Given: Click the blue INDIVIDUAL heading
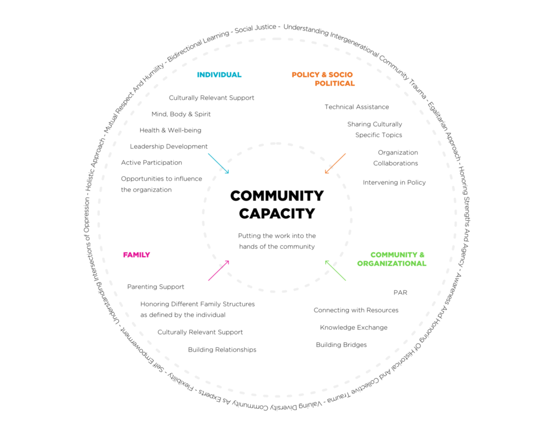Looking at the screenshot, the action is point(219,75).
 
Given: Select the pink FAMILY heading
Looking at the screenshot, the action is point(136,255).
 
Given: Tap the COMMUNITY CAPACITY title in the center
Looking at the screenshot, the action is point(277,204).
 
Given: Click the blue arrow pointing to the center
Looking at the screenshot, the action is point(218,163).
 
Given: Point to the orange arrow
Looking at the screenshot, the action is point(335,163).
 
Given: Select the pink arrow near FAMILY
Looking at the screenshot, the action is point(218,271).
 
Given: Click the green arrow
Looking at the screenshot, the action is point(335,271).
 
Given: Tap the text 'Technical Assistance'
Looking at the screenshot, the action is point(357,107).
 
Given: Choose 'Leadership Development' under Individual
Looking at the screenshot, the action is point(169,146).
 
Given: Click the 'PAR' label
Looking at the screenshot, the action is point(400,292).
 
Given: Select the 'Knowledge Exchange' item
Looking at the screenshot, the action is point(354,327).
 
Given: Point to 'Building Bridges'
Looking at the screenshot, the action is point(341,345).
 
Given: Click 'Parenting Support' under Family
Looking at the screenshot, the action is point(156,287).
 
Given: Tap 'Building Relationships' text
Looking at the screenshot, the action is point(222,350).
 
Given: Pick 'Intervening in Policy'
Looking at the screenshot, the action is point(394,183).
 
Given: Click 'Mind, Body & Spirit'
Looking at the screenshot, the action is point(181,114).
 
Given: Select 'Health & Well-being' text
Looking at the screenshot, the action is point(170,130).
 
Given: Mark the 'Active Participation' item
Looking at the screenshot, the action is point(151,162).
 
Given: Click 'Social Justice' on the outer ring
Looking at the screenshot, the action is point(255,29).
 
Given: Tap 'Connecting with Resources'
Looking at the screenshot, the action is point(356,310).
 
